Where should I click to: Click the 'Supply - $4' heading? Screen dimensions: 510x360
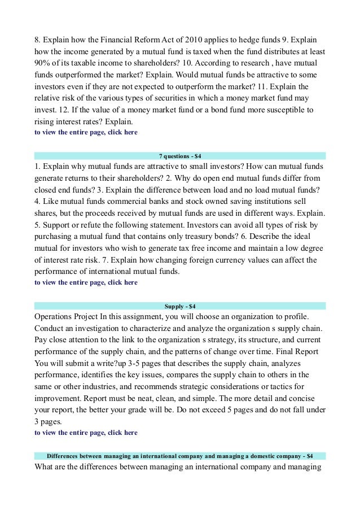point(180,306)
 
